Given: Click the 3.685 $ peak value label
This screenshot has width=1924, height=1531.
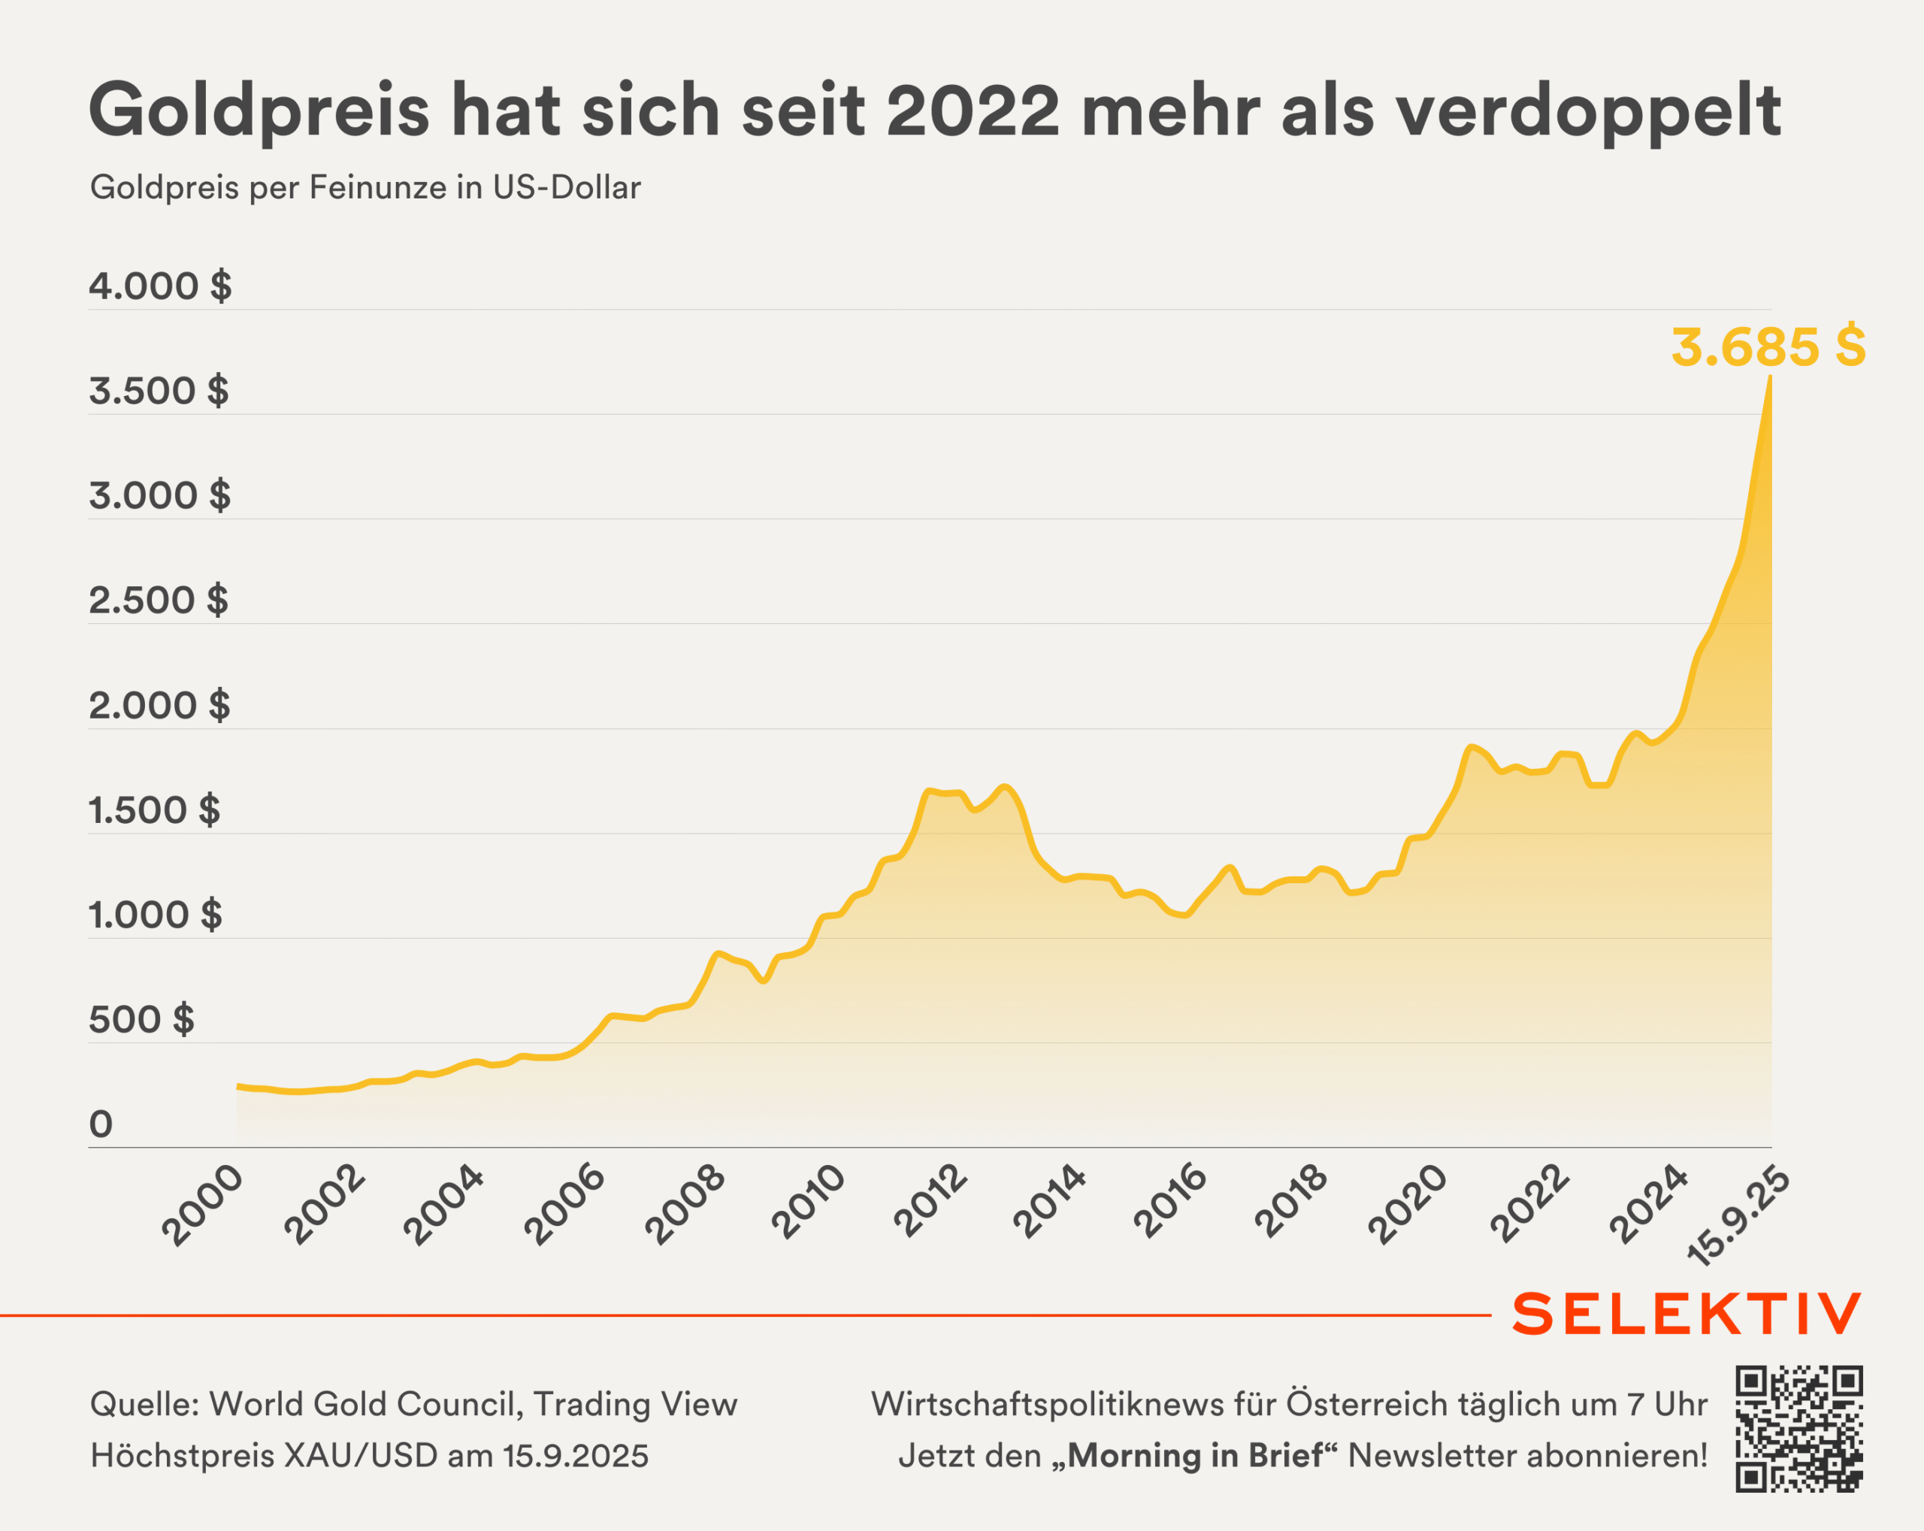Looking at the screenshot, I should (x=1768, y=347).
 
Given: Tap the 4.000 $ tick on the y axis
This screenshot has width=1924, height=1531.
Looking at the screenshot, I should (x=160, y=286).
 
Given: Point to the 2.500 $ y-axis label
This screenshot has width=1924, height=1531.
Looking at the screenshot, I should (x=158, y=601).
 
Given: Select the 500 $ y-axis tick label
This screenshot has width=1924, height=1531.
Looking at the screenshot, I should (x=141, y=1020).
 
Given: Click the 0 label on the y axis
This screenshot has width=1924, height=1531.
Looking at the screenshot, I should (x=101, y=1124).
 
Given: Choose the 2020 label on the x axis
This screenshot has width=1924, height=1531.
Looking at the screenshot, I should (x=1408, y=1205).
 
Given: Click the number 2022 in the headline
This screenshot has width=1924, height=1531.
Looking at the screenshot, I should (x=973, y=110).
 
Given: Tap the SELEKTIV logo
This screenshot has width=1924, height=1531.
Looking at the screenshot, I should (x=1687, y=1315).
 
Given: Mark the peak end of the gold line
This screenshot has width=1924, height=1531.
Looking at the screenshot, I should (x=1771, y=377).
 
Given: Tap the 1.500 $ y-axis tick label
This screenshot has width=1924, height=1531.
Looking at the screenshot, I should (x=153, y=810).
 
